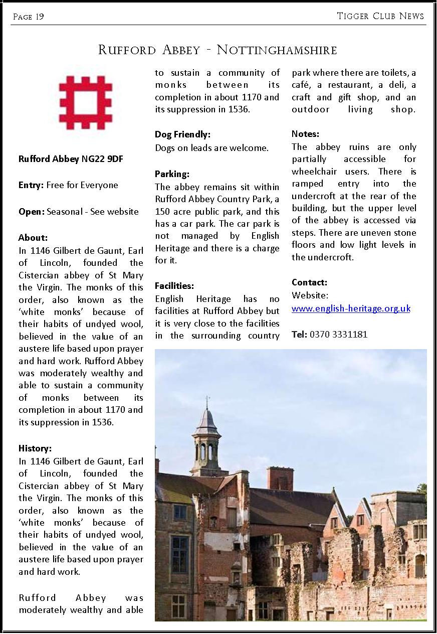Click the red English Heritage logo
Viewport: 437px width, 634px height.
pos(85,103)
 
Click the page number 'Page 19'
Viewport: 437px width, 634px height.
pos(28,17)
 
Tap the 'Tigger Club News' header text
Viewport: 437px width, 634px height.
pos(380,16)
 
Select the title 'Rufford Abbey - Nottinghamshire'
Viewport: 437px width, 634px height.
pos(217,50)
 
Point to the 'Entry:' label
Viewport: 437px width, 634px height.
pos(31,185)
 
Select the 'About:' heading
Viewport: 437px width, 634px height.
pos(33,238)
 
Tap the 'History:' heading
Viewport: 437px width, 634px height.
pos(35,448)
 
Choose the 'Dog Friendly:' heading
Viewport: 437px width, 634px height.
pos(182,134)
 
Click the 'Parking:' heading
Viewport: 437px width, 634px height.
pos(172,174)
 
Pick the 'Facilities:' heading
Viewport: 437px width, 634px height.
pos(174,286)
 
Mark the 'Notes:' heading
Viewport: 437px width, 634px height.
pos(305,134)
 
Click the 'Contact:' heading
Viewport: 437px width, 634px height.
pos(309,282)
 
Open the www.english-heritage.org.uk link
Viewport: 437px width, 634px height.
pos(351,308)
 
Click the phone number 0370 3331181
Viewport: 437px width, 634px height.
pos(339,334)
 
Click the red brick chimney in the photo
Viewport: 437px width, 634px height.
pos(280,478)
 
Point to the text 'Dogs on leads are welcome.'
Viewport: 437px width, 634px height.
pos(212,148)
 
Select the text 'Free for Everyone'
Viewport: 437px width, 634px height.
pos(82,185)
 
